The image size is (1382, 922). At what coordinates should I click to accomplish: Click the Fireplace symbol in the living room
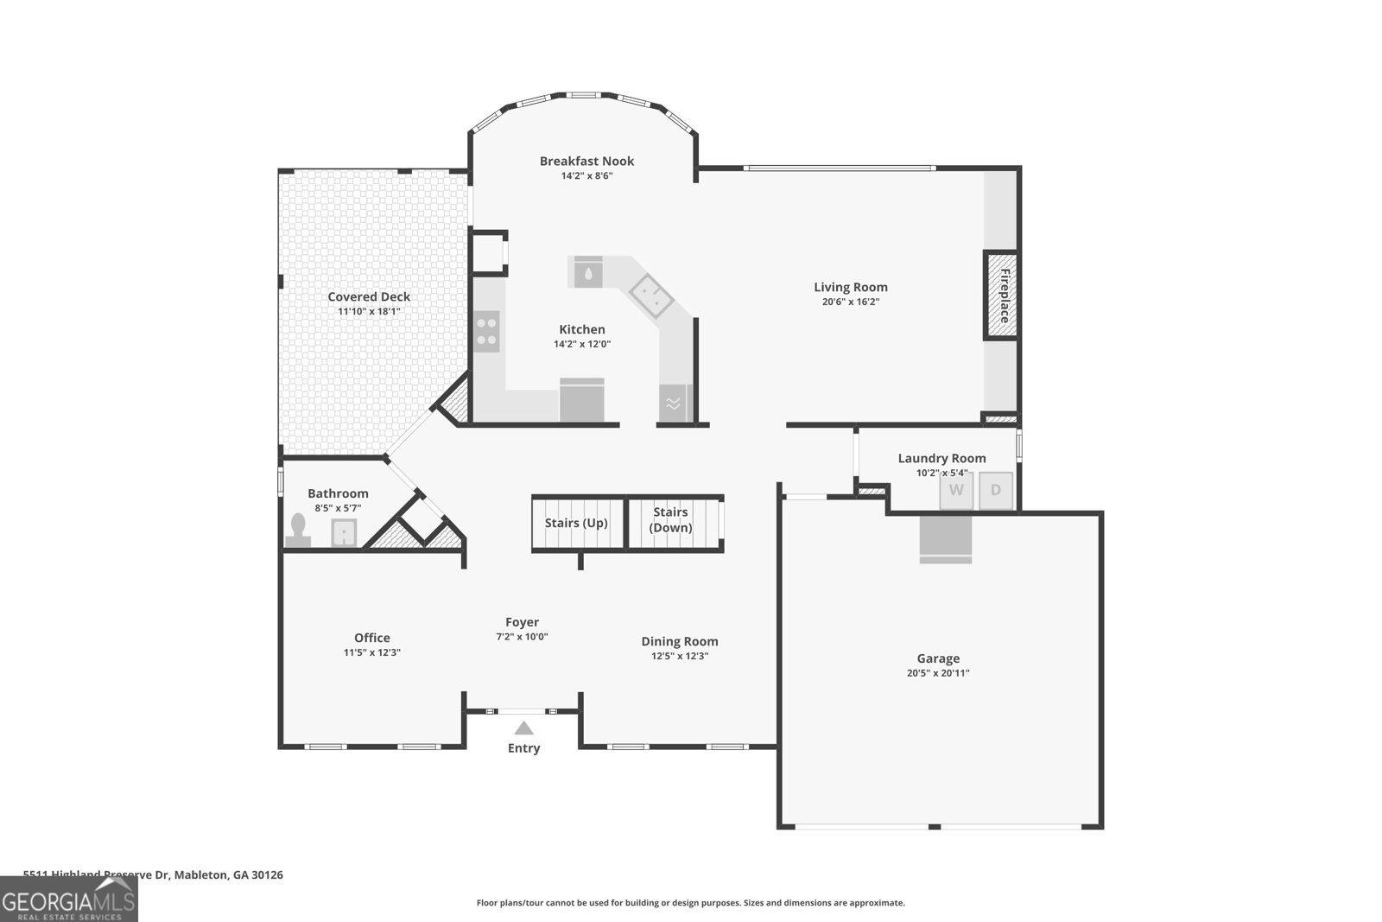(1002, 296)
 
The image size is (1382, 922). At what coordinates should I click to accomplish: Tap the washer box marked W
(956, 490)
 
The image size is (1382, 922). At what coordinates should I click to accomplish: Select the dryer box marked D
(995, 490)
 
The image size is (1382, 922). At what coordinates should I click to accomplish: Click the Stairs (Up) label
(576, 523)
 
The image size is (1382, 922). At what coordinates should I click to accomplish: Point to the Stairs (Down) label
(671, 520)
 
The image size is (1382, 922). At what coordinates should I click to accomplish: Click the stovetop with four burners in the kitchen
(487, 332)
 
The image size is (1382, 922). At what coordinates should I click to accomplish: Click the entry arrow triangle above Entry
(523, 728)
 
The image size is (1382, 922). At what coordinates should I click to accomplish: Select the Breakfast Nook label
(586, 161)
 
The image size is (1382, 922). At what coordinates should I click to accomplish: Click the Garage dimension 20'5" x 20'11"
(938, 673)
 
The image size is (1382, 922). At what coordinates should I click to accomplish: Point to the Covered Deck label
(369, 296)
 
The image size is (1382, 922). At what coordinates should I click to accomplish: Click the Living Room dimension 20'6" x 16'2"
(850, 302)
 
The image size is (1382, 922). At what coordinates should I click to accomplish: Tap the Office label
(371, 638)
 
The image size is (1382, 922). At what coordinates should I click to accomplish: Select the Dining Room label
(679, 641)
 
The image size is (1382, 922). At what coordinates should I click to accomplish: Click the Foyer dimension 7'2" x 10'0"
(522, 637)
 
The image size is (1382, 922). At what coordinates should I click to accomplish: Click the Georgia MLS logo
(68, 900)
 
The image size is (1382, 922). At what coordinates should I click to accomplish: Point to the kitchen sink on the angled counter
(651, 296)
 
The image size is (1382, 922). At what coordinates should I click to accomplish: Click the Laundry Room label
(941, 458)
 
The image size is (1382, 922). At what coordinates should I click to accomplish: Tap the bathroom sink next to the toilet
(344, 533)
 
